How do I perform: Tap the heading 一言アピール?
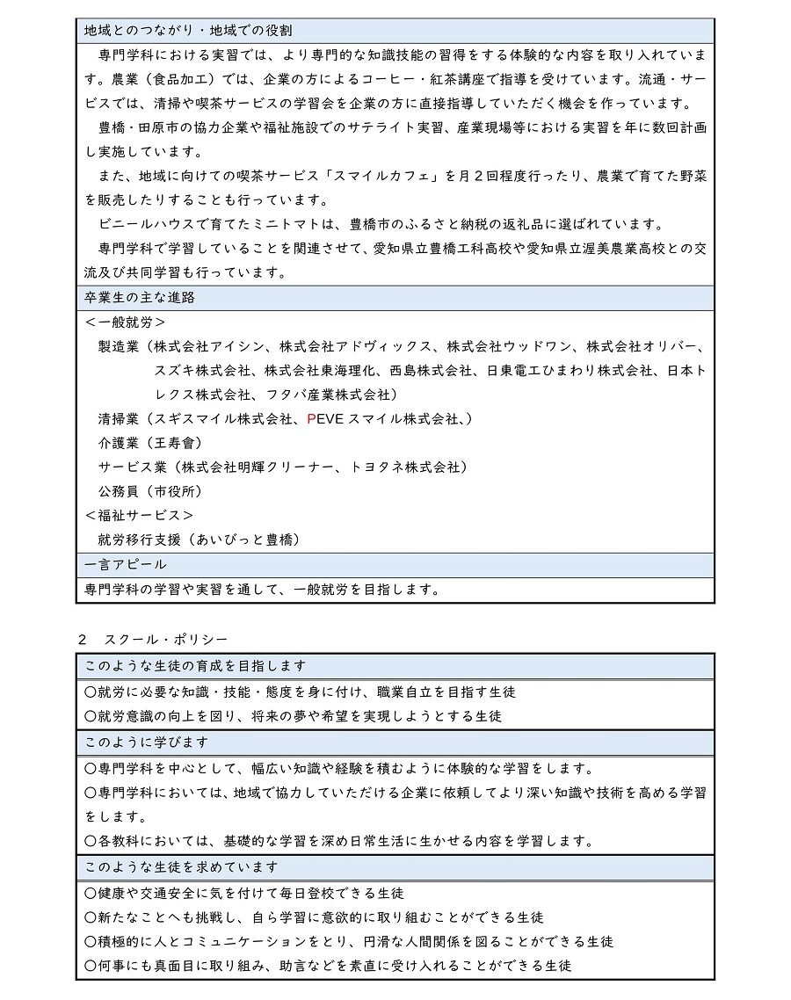(126, 564)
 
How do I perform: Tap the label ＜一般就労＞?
(126, 322)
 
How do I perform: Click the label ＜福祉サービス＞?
(140, 515)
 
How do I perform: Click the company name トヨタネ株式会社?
(404, 467)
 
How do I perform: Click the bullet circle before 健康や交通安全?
(90, 893)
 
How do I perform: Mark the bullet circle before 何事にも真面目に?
(90, 966)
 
